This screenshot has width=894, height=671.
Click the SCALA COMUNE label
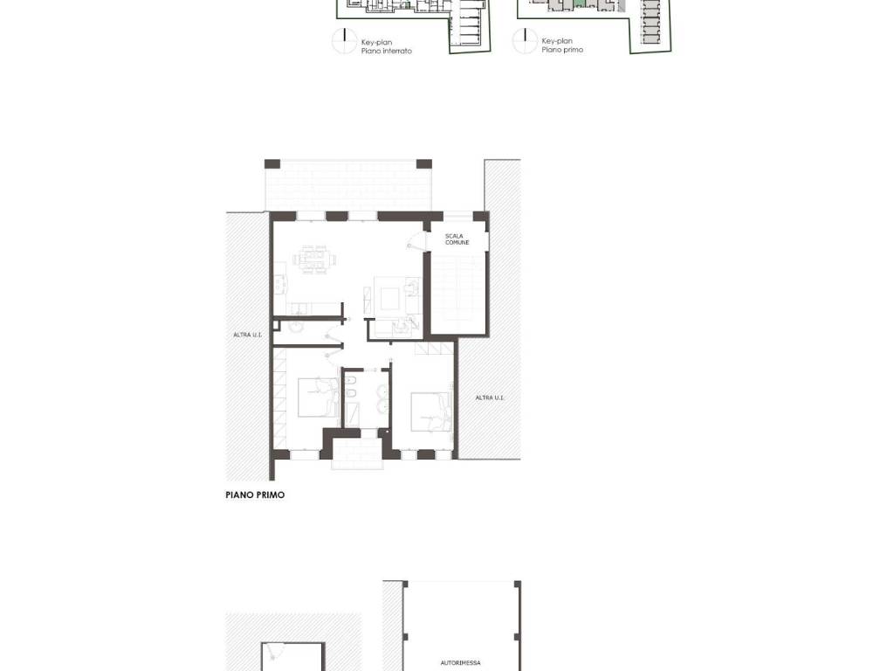tap(457, 239)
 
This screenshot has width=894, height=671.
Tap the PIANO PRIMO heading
tap(255, 495)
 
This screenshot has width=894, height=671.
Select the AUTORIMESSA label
tap(460, 662)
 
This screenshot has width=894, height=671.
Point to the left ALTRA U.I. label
tap(247, 335)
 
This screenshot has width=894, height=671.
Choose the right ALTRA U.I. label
tap(490, 398)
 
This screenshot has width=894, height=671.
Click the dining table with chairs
tap(314, 259)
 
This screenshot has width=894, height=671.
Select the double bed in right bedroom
tap(430, 412)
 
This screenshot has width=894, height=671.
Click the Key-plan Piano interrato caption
tap(386, 46)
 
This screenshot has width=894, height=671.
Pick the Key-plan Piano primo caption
tap(562, 45)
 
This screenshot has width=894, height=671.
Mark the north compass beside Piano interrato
tap(344, 41)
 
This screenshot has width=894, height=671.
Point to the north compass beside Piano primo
tap(525, 41)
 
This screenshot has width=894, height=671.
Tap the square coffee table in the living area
tap(390, 298)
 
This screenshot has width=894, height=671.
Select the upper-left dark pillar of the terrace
tap(272, 164)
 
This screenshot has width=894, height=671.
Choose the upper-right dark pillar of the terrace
tap(424, 164)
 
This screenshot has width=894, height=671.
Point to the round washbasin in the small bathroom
tap(296, 327)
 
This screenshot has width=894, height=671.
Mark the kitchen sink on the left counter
tap(280, 284)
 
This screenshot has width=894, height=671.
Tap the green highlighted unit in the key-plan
tap(579, 4)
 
